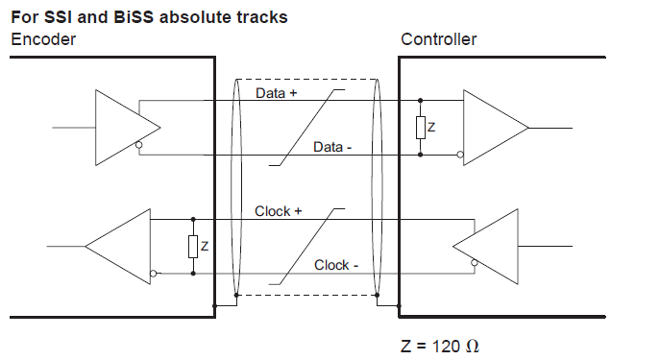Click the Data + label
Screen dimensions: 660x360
277,93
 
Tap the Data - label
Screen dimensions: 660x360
332,147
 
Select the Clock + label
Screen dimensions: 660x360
279,211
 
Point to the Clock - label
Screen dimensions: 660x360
336,265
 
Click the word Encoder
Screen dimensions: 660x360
43,39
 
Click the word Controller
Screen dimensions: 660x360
439,39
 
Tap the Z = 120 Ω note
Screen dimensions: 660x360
440,346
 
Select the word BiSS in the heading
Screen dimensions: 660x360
134,17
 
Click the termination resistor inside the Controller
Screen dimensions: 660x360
421,128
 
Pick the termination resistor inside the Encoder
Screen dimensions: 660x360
193,247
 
